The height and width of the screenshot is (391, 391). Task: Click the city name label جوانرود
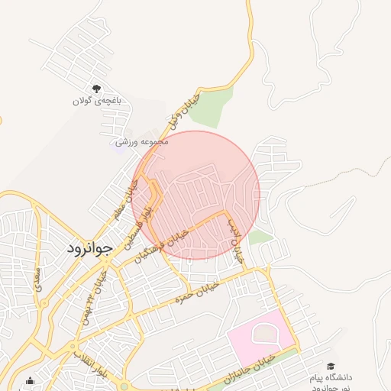coord(89,248)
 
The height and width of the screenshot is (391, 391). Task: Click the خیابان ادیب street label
coord(235,240)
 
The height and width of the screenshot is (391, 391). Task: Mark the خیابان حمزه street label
coord(197,290)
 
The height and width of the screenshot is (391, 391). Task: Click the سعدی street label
coord(38,283)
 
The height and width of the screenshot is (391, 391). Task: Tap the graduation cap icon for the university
coord(331,367)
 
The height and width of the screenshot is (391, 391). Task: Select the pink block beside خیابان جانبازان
coord(260,336)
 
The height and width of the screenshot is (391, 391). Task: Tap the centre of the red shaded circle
coord(196,195)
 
